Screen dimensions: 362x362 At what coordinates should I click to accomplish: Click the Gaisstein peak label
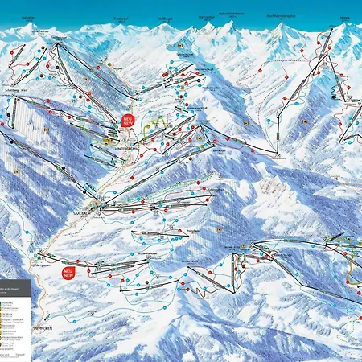coord(27,17)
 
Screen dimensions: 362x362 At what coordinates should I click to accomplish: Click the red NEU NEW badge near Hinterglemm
coord(128,120)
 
